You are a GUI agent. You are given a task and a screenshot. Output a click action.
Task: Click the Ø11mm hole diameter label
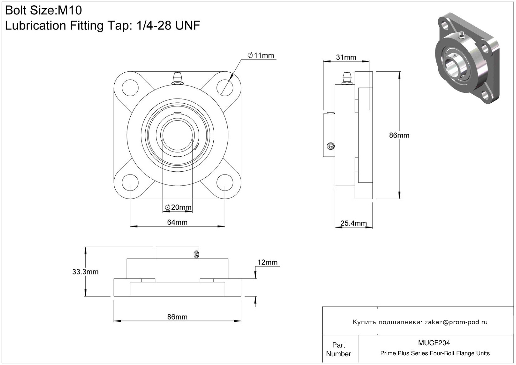coord(261,55)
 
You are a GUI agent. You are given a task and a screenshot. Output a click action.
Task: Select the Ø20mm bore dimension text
coord(178,207)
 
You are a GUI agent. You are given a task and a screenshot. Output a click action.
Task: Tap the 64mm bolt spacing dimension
coord(177,222)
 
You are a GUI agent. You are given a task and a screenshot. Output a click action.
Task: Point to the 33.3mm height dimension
coord(85,272)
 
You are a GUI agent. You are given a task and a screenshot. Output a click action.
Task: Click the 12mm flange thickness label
coord(268,262)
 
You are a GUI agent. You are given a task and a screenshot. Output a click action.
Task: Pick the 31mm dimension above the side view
coord(346,57)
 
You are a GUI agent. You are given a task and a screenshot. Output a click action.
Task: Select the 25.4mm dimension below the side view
coord(354,223)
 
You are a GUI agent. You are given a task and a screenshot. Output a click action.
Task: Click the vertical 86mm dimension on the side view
coord(399,135)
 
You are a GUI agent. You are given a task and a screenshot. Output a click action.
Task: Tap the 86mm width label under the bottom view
coord(177,317)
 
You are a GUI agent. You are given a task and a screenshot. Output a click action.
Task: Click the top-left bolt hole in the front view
coord(130,88)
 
